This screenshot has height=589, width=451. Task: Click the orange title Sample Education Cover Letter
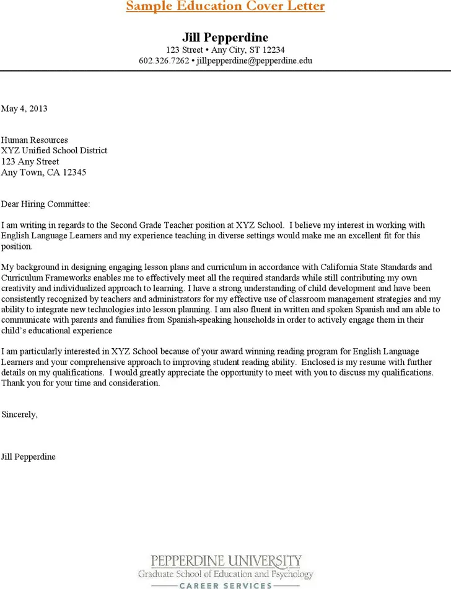(225, 6)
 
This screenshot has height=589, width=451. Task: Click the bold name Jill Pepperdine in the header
(225, 37)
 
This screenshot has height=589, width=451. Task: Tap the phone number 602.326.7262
(164, 61)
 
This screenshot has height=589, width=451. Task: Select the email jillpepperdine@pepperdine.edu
(254, 61)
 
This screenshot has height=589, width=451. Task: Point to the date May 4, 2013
(24, 109)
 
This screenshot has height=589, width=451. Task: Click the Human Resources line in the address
(35, 140)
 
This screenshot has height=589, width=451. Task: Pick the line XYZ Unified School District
(54, 151)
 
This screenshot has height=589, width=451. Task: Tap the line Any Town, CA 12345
(43, 173)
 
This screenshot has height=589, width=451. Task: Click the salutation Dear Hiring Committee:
(45, 204)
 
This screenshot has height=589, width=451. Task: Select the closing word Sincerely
(19, 414)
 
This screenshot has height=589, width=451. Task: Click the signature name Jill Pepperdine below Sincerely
(28, 457)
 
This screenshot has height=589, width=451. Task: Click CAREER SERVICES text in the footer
(225, 585)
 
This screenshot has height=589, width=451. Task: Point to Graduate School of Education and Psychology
(225, 574)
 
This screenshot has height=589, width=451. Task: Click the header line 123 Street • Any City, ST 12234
(225, 50)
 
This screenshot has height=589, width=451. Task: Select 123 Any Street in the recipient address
(30, 162)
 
